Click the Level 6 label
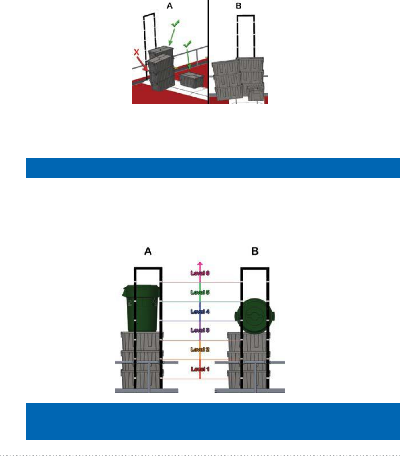[x=200, y=273]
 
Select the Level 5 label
[x=200, y=292]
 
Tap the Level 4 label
[x=200, y=311]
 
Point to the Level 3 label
[x=200, y=330]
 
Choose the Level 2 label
[x=200, y=349]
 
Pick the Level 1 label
[x=200, y=369]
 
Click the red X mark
[x=137, y=52]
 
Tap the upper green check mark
[x=175, y=24]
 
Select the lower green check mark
[x=187, y=44]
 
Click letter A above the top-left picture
[x=170, y=6]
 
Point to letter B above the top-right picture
[x=239, y=6]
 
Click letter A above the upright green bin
[x=148, y=251]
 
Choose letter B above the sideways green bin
[x=255, y=251]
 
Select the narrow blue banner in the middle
[x=213, y=168]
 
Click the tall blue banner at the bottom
[x=213, y=421]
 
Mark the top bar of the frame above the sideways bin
[x=255, y=268]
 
